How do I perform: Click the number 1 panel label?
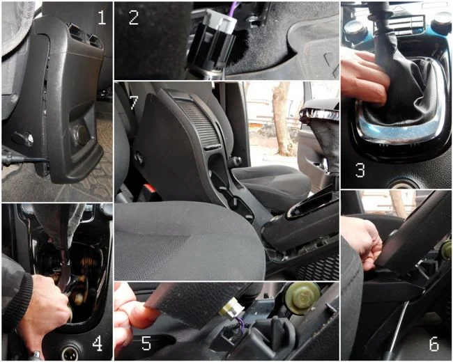click(x=102, y=17)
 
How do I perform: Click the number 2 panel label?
click(x=134, y=17)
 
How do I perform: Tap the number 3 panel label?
click(x=360, y=170)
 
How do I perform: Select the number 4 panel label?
click(x=97, y=344)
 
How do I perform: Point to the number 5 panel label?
click(x=146, y=343)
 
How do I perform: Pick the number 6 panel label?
click(x=434, y=343)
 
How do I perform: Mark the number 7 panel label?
click(x=134, y=102)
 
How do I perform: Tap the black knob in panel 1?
click(x=22, y=138)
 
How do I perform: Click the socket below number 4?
click(x=68, y=350)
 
